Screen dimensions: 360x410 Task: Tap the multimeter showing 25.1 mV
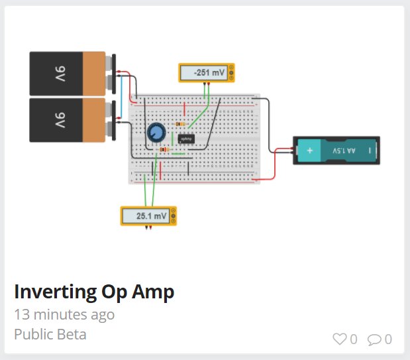[148, 216]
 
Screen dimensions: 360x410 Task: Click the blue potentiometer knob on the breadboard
[156, 133]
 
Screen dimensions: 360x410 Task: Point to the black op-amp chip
[185, 139]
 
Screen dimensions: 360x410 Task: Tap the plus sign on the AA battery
[308, 151]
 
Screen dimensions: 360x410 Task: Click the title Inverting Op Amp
[93, 292]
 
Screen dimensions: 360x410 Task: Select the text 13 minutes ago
[64, 314]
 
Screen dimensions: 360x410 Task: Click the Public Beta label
[50, 334]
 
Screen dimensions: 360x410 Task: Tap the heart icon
[339, 339]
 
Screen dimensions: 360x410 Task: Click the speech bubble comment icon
[374, 339]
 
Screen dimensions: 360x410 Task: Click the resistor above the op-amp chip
[179, 124]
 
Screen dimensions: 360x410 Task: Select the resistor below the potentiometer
[164, 150]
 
